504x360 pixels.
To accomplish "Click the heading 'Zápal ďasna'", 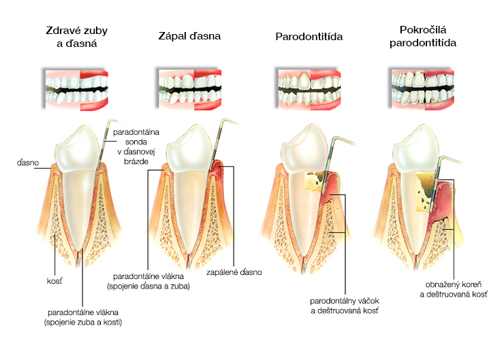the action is point(189,36).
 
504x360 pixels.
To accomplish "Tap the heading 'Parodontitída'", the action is point(309,37).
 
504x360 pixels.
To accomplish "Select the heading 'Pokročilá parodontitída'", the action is point(423,36).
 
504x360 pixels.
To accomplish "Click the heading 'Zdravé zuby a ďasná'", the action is point(76,37).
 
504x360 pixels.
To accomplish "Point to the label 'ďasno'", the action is point(28,163).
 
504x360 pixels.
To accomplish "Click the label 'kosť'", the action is point(54,281).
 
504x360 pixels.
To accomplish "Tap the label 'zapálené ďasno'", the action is point(234,272).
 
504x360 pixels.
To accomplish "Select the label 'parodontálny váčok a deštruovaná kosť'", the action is point(345,306).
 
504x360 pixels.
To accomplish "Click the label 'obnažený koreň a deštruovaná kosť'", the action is point(454,289).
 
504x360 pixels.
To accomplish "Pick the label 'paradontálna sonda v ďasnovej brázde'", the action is point(136,146).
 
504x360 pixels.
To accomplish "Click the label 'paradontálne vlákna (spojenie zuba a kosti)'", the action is point(83,317).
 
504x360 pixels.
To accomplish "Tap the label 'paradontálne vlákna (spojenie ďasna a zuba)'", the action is point(148,281).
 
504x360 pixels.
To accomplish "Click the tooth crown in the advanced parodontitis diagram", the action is point(415,148).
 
